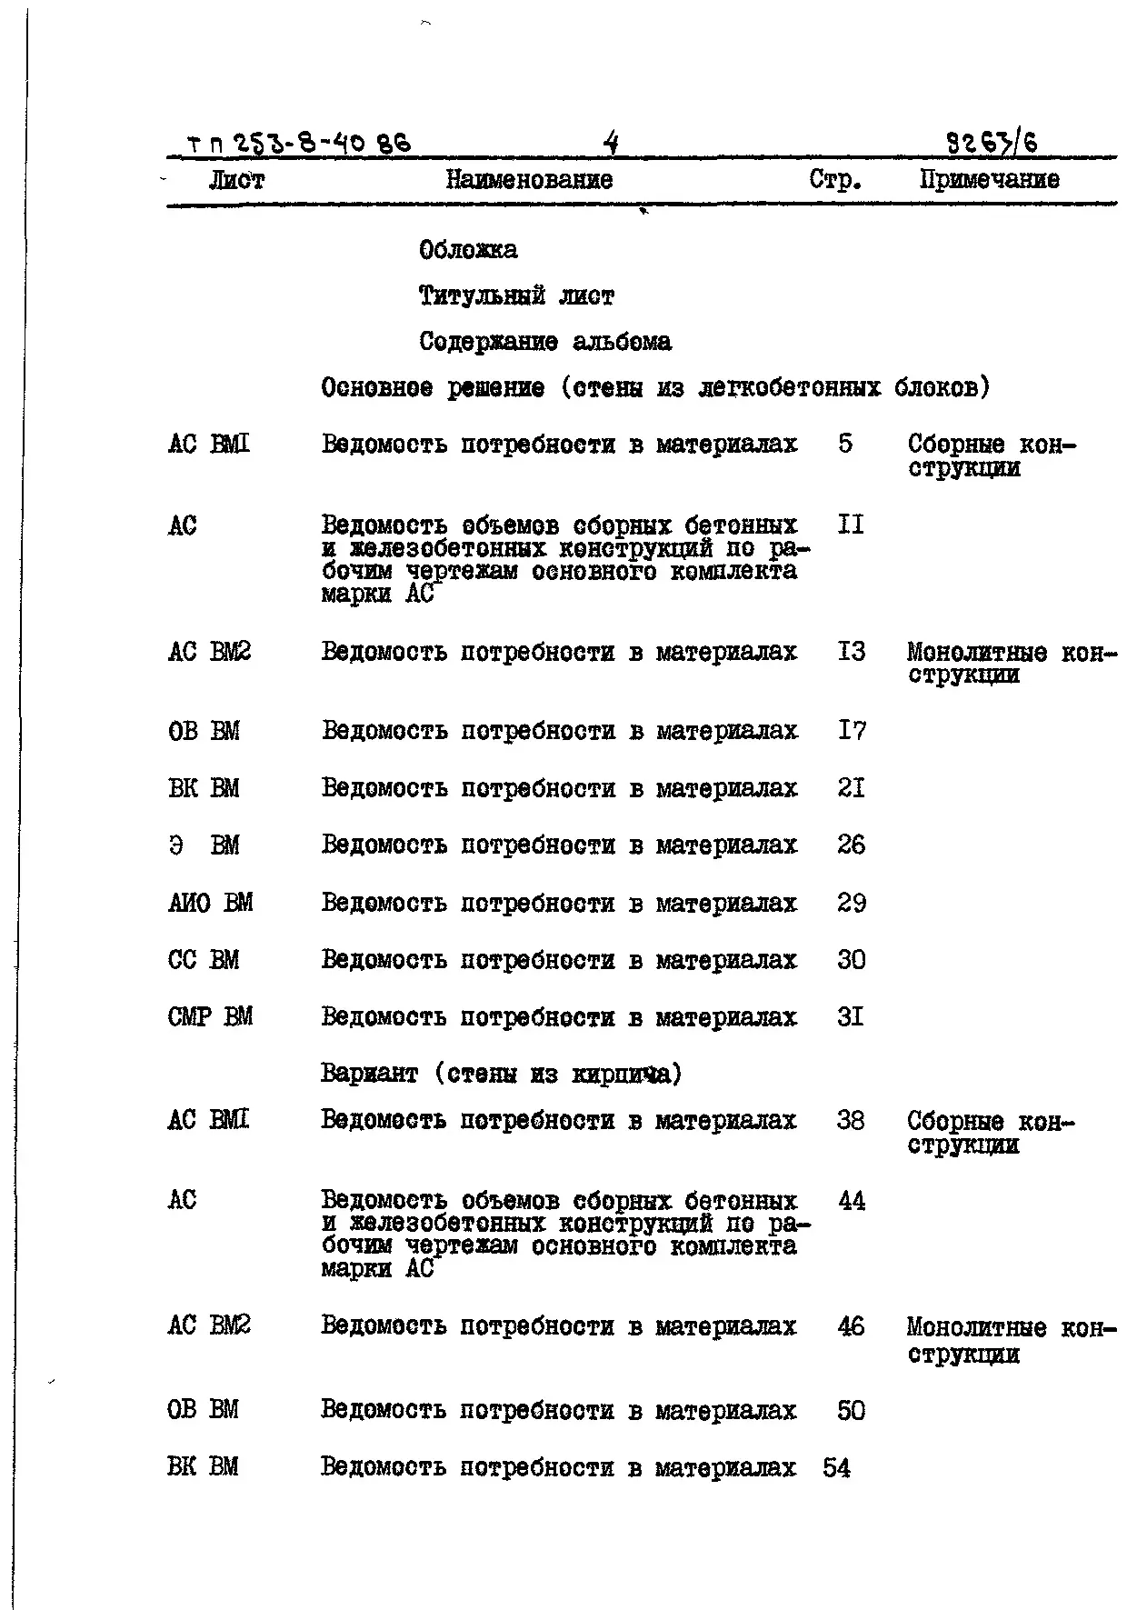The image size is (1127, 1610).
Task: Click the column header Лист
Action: click(x=236, y=181)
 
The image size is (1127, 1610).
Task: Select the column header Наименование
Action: click(x=529, y=180)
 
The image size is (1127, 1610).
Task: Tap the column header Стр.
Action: click(x=835, y=180)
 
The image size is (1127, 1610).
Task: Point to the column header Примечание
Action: click(x=989, y=179)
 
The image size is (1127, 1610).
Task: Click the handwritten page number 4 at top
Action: click(x=611, y=143)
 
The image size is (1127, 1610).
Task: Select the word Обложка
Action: click(x=468, y=250)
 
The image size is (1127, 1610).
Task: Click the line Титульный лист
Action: click(x=516, y=296)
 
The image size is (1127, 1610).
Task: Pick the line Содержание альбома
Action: click(x=545, y=343)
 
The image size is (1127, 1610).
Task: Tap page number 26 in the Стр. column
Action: click(x=852, y=845)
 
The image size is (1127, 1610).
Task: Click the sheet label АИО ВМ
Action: click(x=211, y=904)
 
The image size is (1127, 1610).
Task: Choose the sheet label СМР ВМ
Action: click(x=210, y=1017)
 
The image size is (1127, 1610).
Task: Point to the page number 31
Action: click(x=851, y=1017)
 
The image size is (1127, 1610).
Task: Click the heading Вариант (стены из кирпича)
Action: click(x=501, y=1075)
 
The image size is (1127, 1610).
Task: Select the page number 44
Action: click(x=852, y=1202)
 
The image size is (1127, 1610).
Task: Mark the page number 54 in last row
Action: click(x=837, y=1468)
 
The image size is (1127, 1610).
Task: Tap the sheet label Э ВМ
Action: click(x=204, y=845)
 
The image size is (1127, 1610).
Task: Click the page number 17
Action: click(x=852, y=731)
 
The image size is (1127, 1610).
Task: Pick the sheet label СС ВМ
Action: click(x=204, y=961)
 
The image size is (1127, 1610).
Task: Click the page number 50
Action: click(x=852, y=1411)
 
